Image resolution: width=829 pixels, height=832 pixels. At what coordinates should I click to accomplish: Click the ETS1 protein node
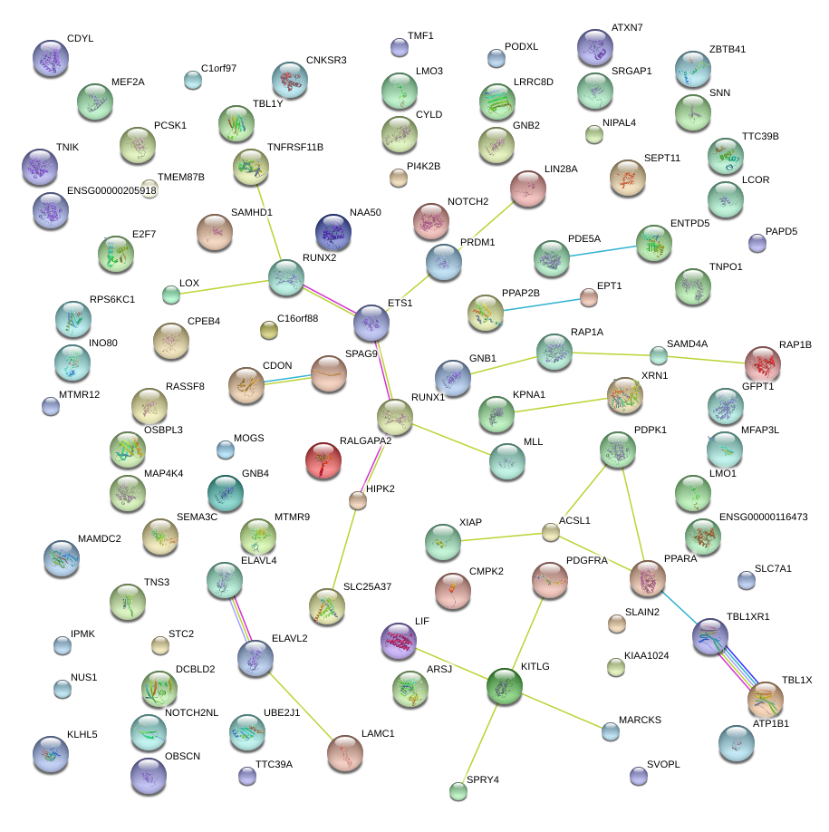tap(371, 322)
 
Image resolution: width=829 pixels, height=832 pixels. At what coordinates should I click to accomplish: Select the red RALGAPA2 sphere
tap(323, 460)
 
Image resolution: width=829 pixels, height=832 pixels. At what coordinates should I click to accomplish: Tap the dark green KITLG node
tap(505, 686)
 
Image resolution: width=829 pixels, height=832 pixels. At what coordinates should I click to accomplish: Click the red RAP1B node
tap(763, 363)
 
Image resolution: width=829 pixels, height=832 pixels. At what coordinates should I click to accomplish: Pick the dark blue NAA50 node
tap(333, 232)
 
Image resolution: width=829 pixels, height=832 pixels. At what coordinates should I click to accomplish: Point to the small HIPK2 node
tap(358, 499)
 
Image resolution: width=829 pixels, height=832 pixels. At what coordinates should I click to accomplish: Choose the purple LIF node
tap(399, 641)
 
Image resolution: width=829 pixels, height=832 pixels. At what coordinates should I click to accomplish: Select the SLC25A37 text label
tap(368, 587)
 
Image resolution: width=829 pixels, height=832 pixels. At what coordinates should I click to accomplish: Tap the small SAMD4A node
tap(659, 355)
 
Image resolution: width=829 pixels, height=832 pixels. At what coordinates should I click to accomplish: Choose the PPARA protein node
tap(648, 578)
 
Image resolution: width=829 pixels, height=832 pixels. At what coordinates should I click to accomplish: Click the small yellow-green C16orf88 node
tap(268, 330)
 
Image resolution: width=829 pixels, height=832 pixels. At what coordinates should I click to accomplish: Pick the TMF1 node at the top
tap(399, 47)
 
